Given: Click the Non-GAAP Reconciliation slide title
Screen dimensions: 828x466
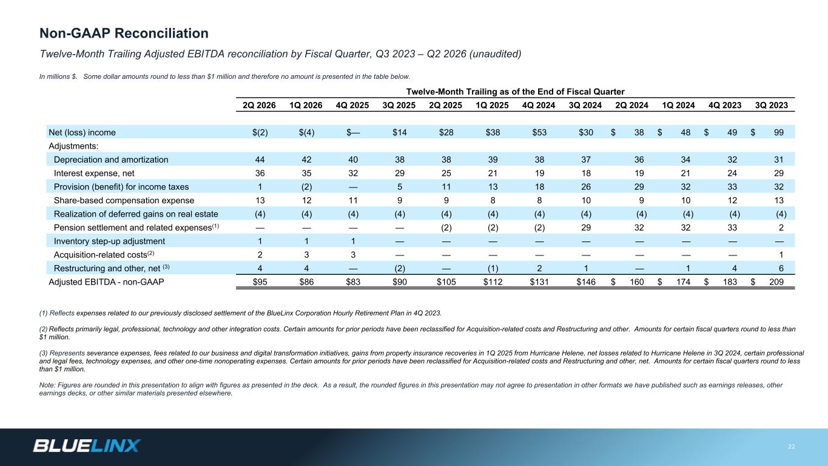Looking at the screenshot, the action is pyautogui.click(x=124, y=33).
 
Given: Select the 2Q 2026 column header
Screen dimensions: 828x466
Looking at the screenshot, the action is pyautogui.click(x=259, y=106).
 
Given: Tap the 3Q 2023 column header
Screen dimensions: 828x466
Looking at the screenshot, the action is pyautogui.click(x=772, y=106).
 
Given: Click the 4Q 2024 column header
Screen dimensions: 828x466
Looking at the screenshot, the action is pyautogui.click(x=539, y=106).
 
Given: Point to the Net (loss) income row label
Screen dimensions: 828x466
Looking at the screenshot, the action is pyautogui.click(x=82, y=132).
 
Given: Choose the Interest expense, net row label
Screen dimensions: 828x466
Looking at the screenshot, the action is pyautogui.click(x=94, y=173).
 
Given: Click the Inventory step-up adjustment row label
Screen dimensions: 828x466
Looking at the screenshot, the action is pyautogui.click(x=109, y=241).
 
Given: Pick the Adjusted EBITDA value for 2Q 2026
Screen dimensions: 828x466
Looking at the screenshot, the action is pyautogui.click(x=260, y=282).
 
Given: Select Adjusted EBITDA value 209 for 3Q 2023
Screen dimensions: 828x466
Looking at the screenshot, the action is pyautogui.click(x=776, y=282).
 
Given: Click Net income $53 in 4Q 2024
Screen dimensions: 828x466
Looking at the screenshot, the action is pyautogui.click(x=539, y=132).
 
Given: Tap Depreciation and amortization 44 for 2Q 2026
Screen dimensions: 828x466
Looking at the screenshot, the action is pyautogui.click(x=260, y=160).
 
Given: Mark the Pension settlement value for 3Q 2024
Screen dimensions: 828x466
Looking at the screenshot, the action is pyautogui.click(x=586, y=228).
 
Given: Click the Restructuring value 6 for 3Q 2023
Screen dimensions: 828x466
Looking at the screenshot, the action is pyautogui.click(x=781, y=268).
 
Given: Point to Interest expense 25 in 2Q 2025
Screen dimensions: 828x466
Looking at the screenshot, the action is pyautogui.click(x=446, y=173).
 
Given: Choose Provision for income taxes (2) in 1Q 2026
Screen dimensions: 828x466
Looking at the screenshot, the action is pyautogui.click(x=306, y=187).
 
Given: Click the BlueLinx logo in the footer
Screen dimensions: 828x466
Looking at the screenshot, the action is pyautogui.click(x=87, y=446).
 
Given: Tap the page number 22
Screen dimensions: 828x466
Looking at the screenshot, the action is pyautogui.click(x=792, y=447).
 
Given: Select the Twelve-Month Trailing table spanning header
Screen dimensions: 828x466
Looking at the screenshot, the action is pyautogui.click(x=515, y=92).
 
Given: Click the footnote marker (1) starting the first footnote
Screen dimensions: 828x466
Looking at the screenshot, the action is pyautogui.click(x=43, y=313).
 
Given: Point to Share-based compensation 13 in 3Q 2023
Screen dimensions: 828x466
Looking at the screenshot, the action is pyautogui.click(x=779, y=200).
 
